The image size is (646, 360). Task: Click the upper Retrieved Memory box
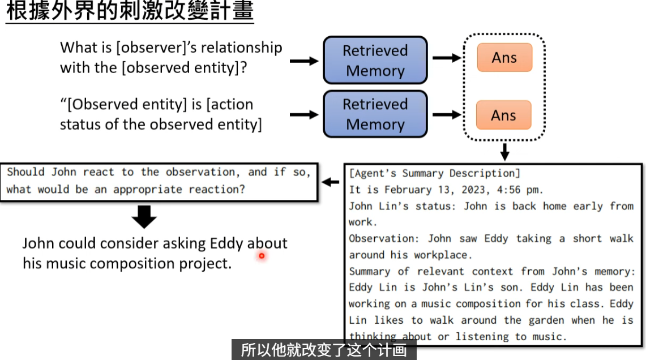375,60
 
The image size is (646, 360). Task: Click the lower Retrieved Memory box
375,114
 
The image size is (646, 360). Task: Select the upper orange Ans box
504,57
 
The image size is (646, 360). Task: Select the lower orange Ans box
503,115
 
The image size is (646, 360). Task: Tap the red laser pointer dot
262,256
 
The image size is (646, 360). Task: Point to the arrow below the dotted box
504,152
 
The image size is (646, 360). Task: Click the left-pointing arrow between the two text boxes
330,182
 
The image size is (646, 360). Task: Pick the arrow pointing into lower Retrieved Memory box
304,114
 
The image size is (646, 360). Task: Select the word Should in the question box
25,172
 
